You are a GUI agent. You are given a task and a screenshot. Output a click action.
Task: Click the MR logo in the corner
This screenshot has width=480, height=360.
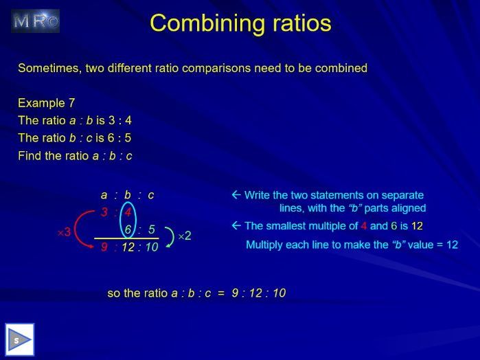[36, 21]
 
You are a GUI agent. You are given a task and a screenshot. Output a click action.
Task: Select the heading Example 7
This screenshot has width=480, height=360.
[47, 103]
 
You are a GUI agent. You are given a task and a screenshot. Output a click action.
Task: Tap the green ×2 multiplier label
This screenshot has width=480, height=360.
[184, 236]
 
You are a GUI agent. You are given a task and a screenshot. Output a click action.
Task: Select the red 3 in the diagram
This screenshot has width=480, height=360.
[104, 212]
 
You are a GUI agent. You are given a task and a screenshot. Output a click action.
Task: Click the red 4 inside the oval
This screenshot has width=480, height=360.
[128, 212]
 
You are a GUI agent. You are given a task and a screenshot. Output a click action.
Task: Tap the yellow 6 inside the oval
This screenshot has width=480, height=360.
[128, 229]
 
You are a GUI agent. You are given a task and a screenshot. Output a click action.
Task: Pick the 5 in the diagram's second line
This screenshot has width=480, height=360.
[151, 229]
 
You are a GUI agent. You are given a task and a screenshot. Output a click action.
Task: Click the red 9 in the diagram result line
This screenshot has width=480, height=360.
[104, 247]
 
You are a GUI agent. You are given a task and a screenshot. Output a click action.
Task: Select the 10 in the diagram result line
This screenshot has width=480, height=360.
[152, 247]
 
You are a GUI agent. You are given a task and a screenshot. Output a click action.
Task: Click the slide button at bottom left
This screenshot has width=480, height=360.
[20, 339]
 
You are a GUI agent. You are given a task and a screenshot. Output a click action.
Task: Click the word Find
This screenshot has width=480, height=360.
[30, 156]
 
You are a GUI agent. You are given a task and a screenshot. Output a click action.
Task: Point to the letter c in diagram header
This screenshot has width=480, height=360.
[151, 195]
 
